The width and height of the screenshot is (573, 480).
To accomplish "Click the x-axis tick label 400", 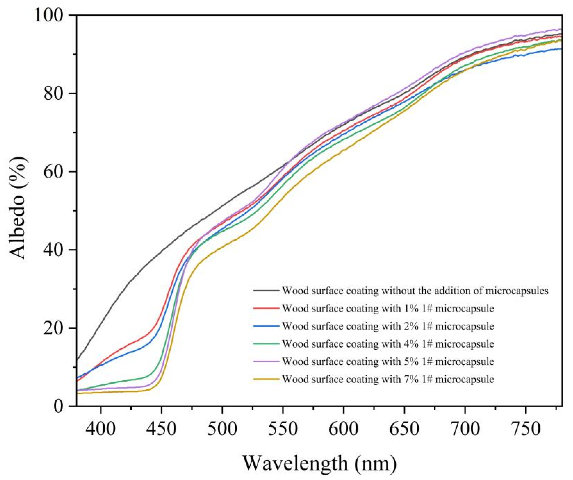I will (101, 428).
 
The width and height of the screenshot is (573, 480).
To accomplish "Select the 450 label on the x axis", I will (161, 428).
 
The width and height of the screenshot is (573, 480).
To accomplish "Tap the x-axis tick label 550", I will (283, 428).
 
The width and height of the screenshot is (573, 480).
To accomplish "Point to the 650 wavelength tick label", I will (404, 428).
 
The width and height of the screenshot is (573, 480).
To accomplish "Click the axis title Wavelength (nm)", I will (319, 463).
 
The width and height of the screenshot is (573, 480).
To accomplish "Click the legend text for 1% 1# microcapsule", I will (388, 309).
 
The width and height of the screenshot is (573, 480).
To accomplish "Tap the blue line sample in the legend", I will (266, 326).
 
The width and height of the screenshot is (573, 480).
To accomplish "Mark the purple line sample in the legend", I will (266, 362).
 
